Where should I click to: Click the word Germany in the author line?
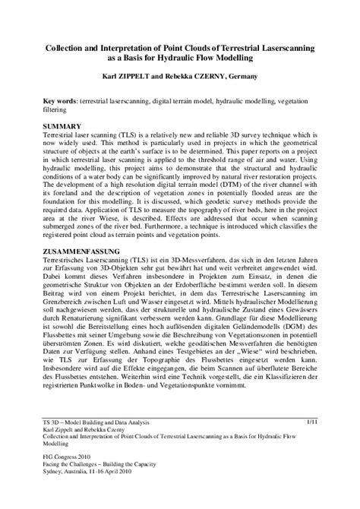(x=275, y=76)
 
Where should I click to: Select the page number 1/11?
(x=311, y=419)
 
